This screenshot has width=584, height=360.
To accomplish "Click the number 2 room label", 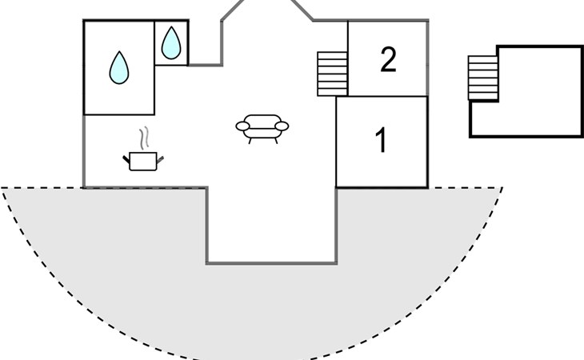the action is pyautogui.click(x=388, y=59).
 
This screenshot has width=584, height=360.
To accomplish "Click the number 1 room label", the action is pyautogui.click(x=381, y=140).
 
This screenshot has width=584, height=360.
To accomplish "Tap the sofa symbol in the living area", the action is pyautogui.click(x=262, y=129).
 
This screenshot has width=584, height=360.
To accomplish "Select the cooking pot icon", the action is pyautogui.click(x=143, y=162).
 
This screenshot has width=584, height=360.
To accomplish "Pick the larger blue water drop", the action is pyautogui.click(x=119, y=68).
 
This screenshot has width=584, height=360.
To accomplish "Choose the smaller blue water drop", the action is pyautogui.click(x=171, y=43).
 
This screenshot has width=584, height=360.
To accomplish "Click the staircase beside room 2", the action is pyautogui.click(x=332, y=74).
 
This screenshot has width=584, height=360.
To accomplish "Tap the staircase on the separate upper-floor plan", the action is pyautogui.click(x=483, y=78).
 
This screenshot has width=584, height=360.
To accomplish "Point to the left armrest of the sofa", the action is pyautogui.click(x=242, y=126).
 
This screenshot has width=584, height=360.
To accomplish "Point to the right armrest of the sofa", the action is pyautogui.click(x=282, y=126).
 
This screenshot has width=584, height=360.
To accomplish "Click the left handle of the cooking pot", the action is pyautogui.click(x=126, y=160).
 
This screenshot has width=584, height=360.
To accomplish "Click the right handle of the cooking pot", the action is pyautogui.click(x=160, y=160).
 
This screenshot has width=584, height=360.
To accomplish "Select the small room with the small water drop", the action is pyautogui.click(x=171, y=43).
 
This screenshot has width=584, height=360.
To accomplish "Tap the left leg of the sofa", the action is pyautogui.click(x=250, y=141).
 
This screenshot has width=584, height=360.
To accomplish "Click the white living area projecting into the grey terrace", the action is pyautogui.click(x=271, y=226).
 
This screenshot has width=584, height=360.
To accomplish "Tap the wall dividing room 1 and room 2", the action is pyautogui.click(x=382, y=97).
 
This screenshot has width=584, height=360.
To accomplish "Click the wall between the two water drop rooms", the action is pyautogui.click(x=154, y=68).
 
